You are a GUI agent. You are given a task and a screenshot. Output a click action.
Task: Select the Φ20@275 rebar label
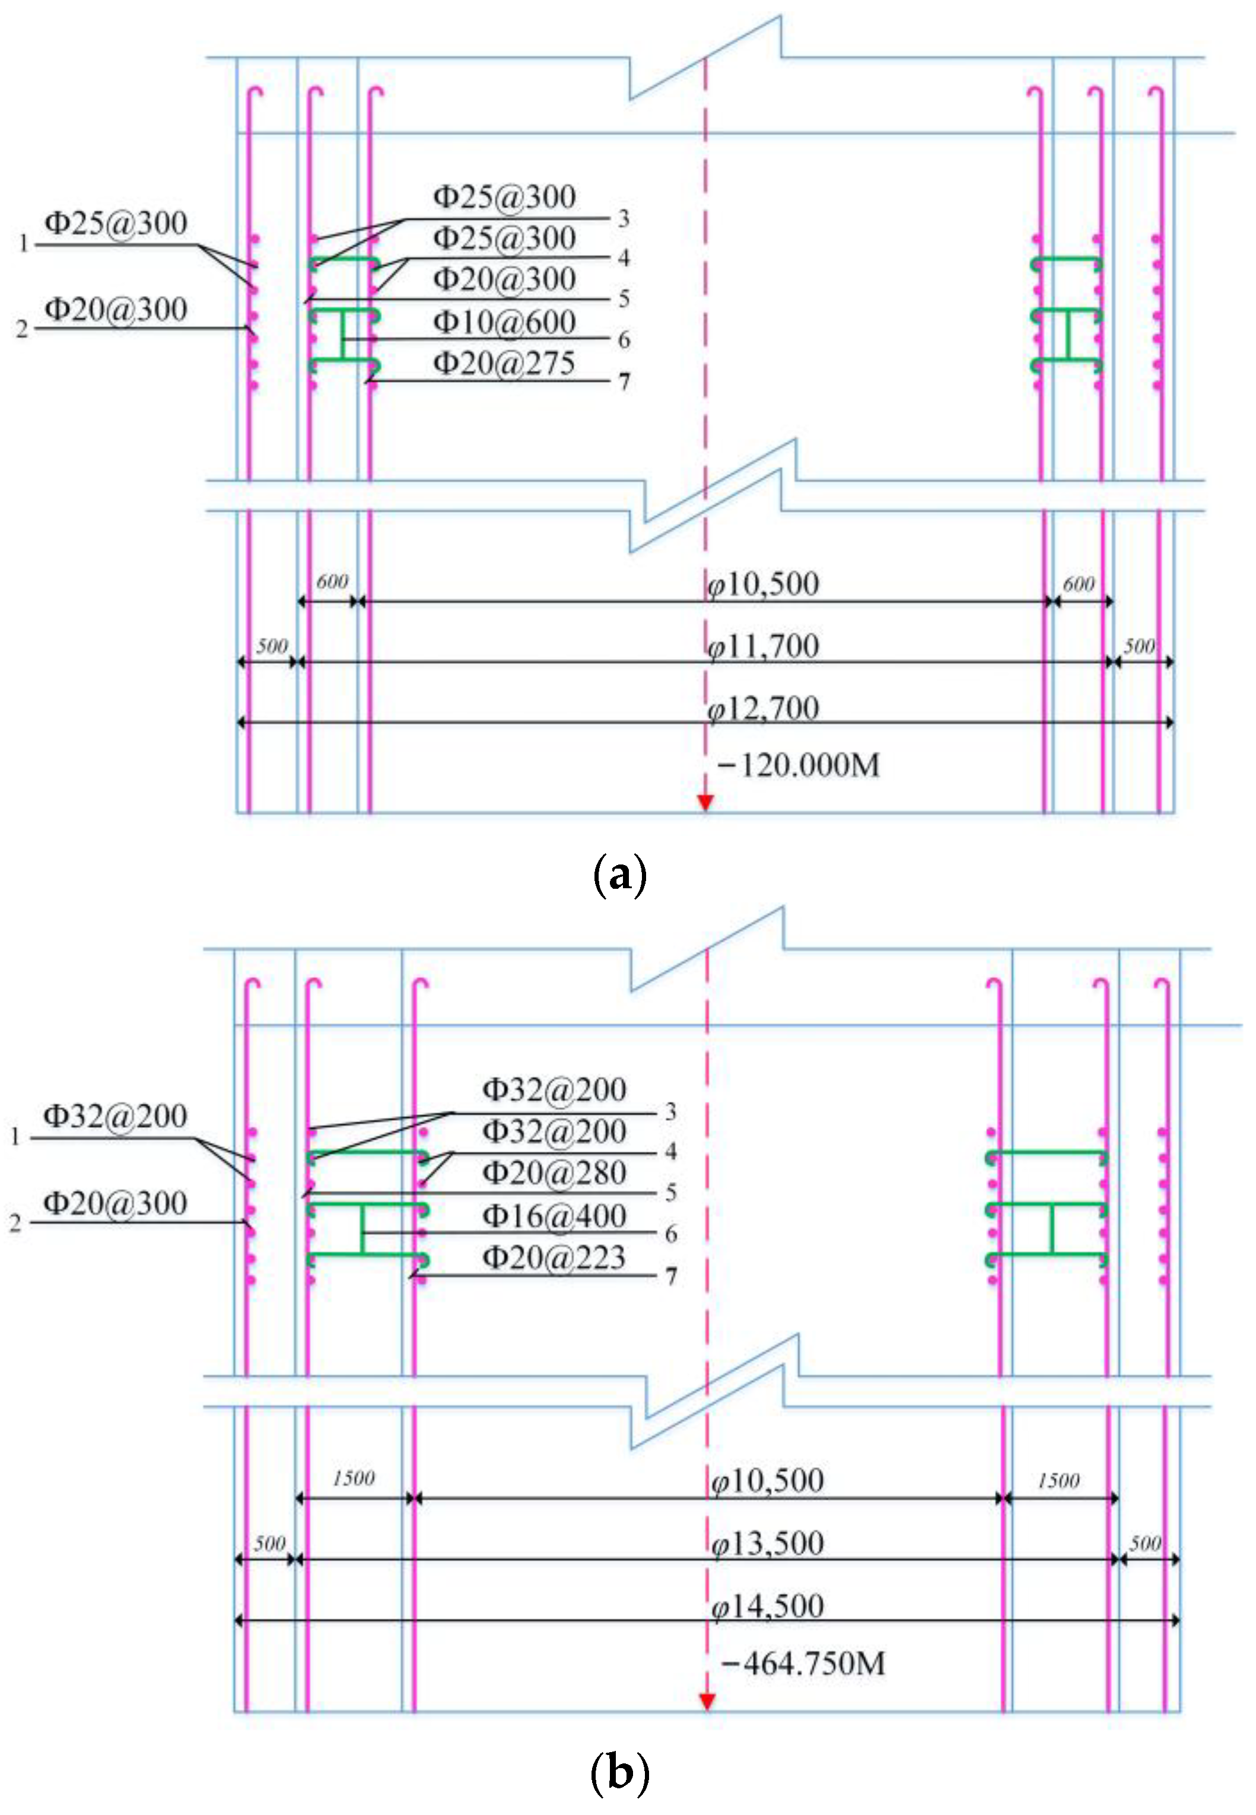tap(504, 364)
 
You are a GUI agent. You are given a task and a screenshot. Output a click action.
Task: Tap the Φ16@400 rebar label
tap(554, 1216)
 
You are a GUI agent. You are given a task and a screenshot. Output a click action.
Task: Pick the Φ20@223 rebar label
tap(554, 1257)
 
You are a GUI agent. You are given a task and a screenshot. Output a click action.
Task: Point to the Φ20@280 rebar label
tap(554, 1173)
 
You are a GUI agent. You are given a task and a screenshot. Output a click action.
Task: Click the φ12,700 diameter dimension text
tap(764, 708)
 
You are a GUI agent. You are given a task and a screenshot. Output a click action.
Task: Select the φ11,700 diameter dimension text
tap(764, 646)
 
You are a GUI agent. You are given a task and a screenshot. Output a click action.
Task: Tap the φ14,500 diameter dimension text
tap(767, 1606)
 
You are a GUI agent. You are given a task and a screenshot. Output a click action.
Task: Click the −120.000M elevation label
tap(799, 765)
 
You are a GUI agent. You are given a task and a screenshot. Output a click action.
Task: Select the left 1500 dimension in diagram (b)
tap(354, 1478)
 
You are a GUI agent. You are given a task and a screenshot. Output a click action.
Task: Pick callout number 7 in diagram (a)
tap(624, 382)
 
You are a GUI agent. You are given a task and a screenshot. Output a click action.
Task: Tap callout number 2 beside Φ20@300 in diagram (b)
tap(15, 1223)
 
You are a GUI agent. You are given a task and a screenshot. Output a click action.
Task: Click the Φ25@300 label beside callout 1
tap(116, 224)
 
